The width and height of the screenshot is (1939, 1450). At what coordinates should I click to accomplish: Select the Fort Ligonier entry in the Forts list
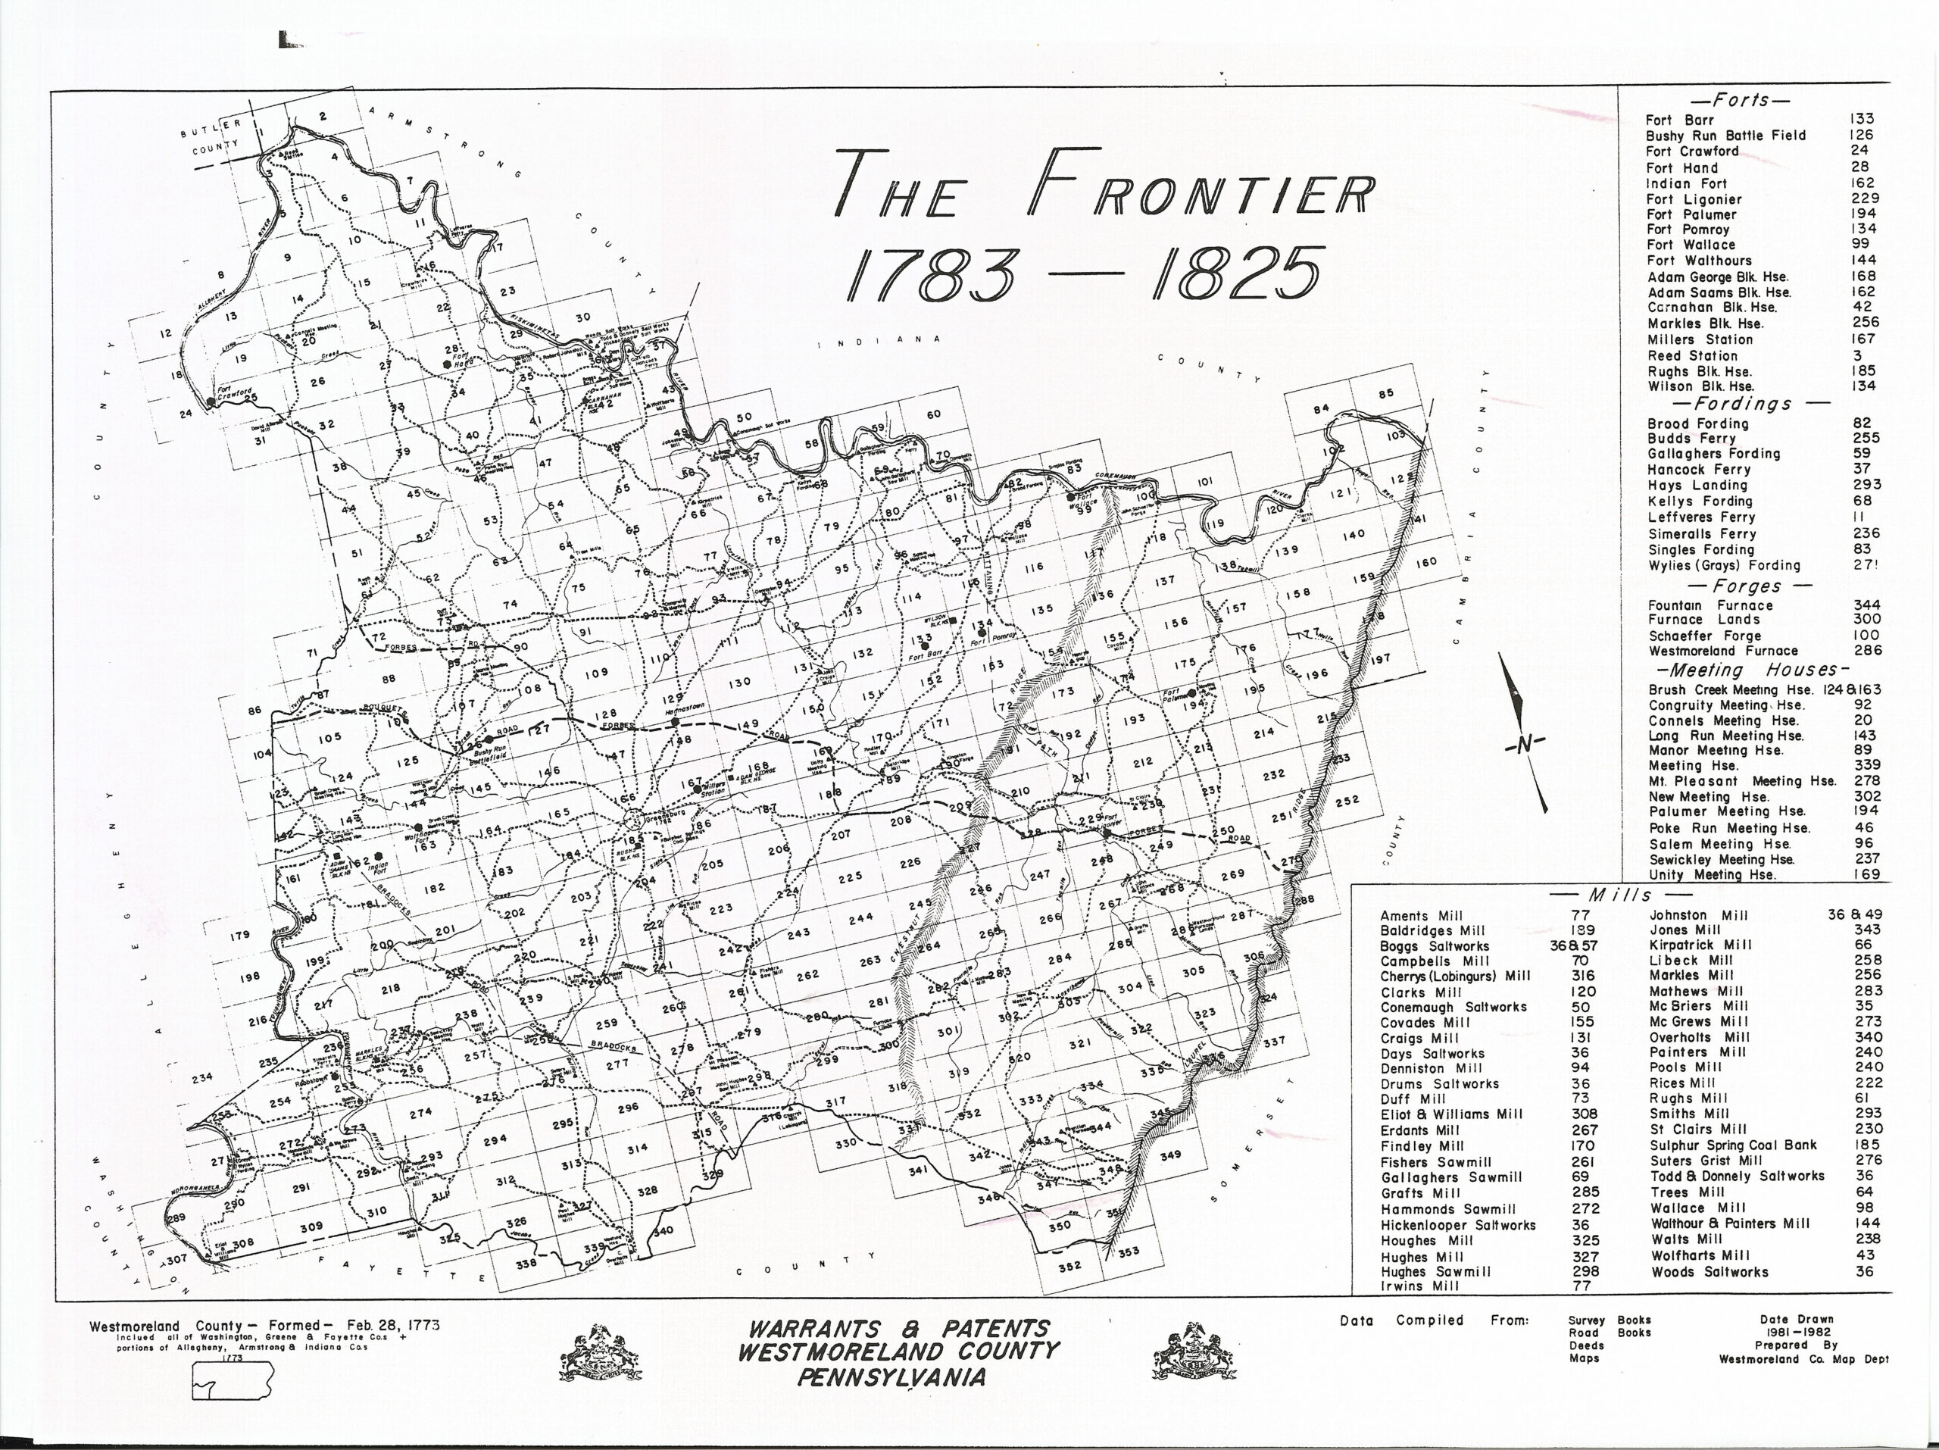1694,199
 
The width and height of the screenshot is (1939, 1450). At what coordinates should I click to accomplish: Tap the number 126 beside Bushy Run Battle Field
1861,135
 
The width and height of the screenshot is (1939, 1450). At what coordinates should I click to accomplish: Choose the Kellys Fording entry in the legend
1699,502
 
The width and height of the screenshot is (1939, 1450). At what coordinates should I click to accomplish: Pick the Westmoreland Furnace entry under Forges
1722,652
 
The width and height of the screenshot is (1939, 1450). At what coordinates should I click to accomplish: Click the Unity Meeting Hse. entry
1712,875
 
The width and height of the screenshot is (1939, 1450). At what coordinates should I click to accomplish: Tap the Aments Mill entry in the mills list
1421,916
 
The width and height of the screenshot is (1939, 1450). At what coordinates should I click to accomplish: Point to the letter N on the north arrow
1525,744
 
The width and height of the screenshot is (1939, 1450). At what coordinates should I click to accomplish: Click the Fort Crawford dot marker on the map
210,402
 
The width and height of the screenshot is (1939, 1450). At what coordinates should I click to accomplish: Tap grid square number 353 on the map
1129,1251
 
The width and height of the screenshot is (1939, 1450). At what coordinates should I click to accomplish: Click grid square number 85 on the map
1386,394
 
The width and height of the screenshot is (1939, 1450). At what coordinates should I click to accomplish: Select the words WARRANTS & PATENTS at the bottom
897,1329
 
